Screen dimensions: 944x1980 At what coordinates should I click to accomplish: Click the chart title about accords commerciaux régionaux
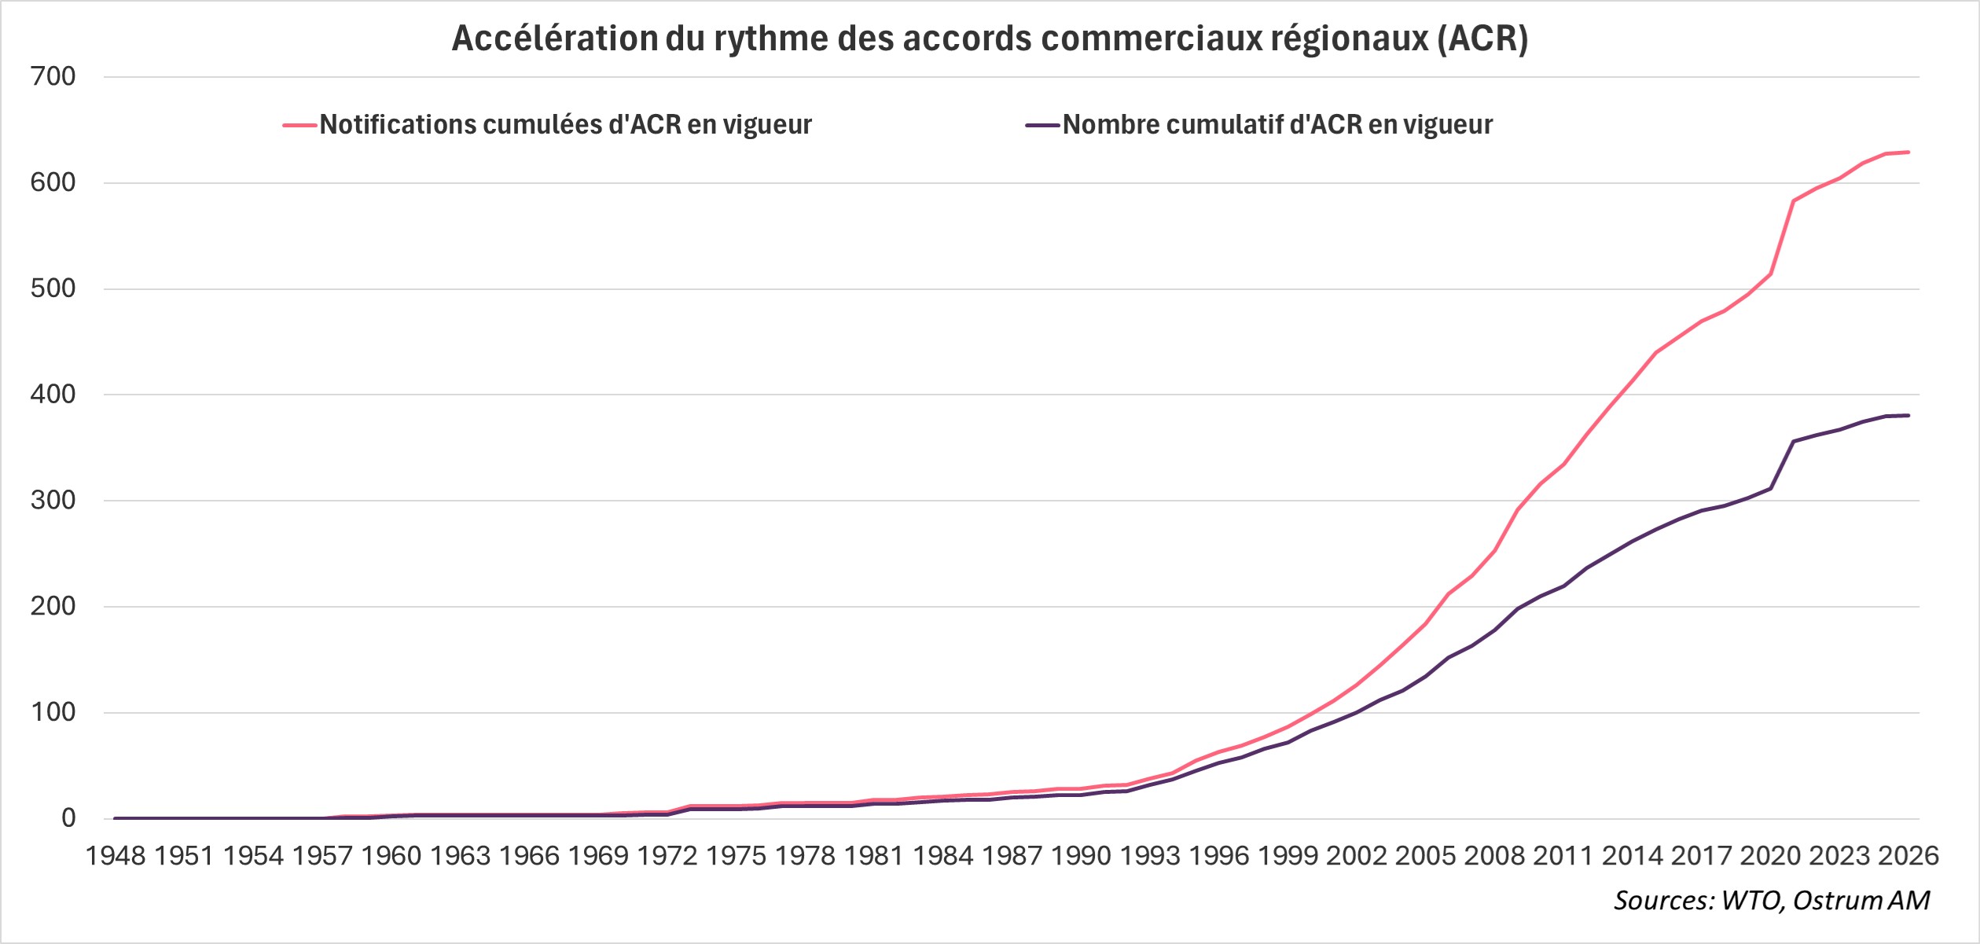coord(990,38)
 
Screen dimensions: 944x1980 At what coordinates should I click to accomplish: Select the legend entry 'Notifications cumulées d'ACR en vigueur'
coord(565,124)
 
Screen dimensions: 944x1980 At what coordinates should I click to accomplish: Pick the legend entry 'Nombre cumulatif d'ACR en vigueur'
coord(1277,124)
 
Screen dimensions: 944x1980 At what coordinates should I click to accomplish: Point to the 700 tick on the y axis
coord(53,76)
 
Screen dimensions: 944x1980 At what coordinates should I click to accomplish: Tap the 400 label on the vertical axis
coord(53,394)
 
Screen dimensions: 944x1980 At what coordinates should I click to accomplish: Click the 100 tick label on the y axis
coord(53,712)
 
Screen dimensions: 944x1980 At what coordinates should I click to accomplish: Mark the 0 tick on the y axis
coord(68,817)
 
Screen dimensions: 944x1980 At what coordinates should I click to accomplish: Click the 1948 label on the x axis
coord(115,855)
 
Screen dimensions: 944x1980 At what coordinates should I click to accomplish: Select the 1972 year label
coord(667,855)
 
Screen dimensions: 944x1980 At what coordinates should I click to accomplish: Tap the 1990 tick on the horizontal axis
coord(1081,855)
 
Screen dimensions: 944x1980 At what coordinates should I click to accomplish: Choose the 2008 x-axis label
coord(1494,855)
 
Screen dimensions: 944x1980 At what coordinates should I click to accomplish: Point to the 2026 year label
coord(1908,855)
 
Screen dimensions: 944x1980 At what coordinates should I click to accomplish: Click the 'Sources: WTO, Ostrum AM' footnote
coord(1772,900)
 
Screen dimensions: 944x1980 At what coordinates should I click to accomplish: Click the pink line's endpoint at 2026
coord(1908,152)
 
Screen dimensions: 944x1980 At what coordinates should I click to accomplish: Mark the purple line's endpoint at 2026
coord(1908,415)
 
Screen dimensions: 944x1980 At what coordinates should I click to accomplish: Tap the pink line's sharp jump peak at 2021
coord(1794,201)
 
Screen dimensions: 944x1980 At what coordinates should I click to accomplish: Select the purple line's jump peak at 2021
coord(1794,441)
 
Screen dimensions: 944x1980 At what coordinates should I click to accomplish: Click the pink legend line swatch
coord(299,125)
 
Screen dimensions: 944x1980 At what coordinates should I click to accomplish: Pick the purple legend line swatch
coord(1042,125)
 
